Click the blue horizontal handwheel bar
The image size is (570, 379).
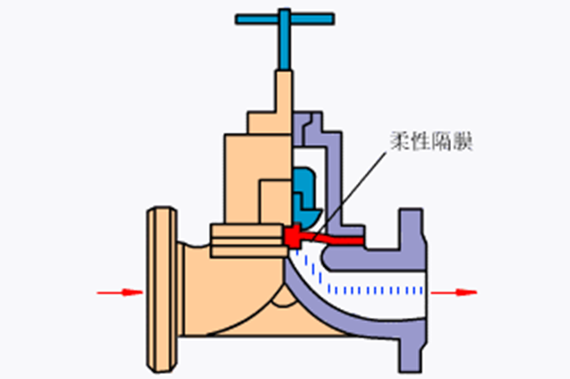[x=285, y=19]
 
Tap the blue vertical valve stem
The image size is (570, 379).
[x=285, y=39]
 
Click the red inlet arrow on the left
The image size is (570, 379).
[x=120, y=292]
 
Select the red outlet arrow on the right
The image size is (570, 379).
[x=454, y=292]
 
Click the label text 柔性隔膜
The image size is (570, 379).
[x=432, y=141]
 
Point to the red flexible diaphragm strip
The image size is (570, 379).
[x=323, y=237]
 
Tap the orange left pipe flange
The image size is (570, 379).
[x=162, y=290]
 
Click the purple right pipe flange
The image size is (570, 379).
[x=413, y=290]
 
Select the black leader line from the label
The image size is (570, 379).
[x=349, y=196]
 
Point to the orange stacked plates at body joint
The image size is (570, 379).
[x=247, y=241]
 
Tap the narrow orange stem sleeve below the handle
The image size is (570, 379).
[x=283, y=102]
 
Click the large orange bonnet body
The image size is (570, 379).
[x=258, y=178]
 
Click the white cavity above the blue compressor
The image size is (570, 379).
[x=309, y=157]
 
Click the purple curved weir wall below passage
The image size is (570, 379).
[x=349, y=320]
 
